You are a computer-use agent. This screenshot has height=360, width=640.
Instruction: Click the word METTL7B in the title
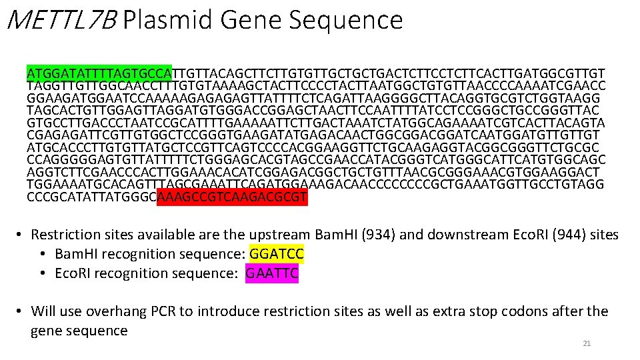(x=59, y=21)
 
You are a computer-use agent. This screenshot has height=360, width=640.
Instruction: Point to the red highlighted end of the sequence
(x=232, y=197)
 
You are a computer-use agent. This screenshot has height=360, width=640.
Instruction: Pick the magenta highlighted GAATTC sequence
(x=272, y=273)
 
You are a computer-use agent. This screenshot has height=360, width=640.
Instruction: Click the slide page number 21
(x=587, y=343)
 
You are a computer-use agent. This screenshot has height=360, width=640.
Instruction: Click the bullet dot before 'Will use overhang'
(x=20, y=311)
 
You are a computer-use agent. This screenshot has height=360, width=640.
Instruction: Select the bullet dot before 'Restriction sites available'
(x=20, y=235)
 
